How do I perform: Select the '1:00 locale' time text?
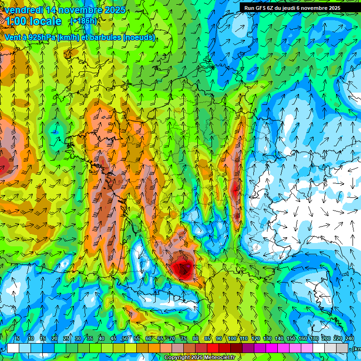click(33, 22)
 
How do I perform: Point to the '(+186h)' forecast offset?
click(83, 21)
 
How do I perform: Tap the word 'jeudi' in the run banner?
click(297, 8)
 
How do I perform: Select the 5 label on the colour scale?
click(18, 339)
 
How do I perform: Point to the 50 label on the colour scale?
click(125, 339)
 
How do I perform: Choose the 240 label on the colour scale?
click(350, 339)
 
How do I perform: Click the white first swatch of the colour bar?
click(13, 348)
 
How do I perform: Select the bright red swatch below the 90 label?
click(213, 348)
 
